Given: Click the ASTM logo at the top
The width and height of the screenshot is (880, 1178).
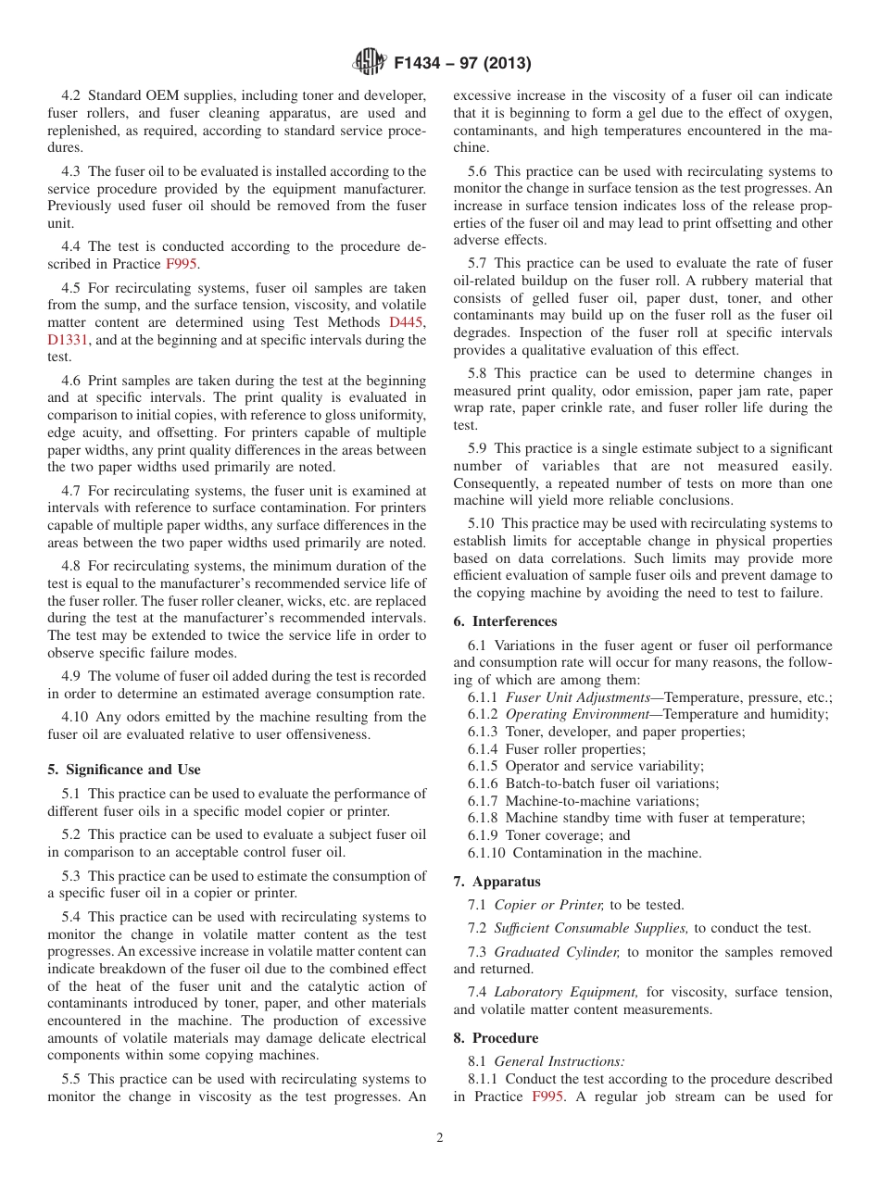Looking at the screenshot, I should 371,63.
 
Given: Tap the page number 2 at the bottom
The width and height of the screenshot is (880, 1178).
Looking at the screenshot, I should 440,1138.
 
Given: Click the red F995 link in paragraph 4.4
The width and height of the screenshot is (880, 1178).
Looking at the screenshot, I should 181,264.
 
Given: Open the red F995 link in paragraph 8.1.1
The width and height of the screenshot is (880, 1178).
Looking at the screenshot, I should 547,1097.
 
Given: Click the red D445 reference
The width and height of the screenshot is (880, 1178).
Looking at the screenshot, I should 408,322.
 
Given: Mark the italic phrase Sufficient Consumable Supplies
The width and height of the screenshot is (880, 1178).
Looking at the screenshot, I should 591,928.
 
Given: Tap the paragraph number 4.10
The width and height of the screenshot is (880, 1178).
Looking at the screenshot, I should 77,717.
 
